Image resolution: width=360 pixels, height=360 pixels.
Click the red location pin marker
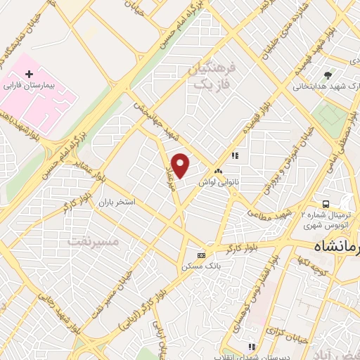[x=181, y=166]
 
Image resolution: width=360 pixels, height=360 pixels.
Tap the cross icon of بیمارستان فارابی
[x=29, y=73]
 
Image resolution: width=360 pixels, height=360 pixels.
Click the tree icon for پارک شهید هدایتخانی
[x=327, y=75]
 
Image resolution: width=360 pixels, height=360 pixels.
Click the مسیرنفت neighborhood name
[x=94, y=241]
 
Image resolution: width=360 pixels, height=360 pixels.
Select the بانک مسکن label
[x=202, y=266]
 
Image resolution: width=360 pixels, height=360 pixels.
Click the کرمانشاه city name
[x=336, y=248]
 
